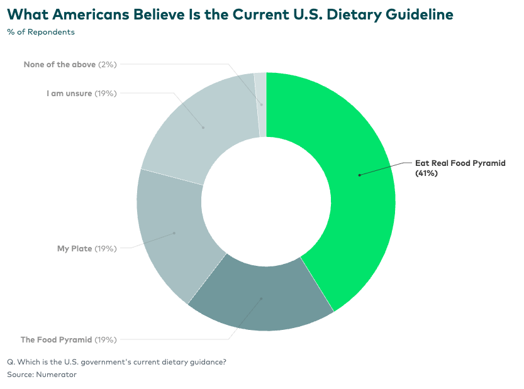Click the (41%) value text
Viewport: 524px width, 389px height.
click(x=426, y=173)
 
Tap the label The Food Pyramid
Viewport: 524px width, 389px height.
click(x=57, y=339)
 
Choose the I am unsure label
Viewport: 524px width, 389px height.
click(x=69, y=93)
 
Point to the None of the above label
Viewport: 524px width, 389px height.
click(x=60, y=64)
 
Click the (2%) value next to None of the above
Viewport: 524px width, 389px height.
click(x=107, y=64)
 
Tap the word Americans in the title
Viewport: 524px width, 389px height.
click(x=86, y=14)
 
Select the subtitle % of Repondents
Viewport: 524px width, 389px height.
click(x=41, y=31)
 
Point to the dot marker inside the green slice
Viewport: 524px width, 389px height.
click(x=359, y=175)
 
